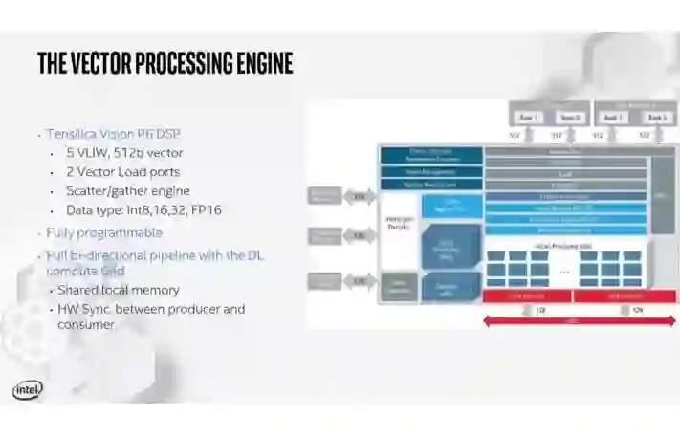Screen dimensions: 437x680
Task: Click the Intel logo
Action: coord(28,389)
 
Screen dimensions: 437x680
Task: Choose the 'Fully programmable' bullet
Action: coord(104,232)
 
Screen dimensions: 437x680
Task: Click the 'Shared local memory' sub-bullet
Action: coord(118,290)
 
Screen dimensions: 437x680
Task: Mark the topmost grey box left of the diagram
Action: coord(324,197)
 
